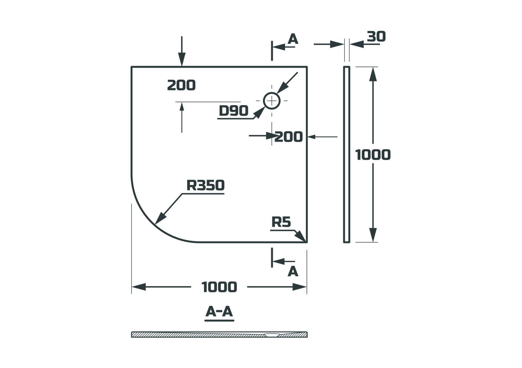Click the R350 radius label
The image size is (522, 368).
(206, 185)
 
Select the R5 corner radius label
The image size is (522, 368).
(281, 222)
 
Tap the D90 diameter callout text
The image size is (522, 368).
(234, 111)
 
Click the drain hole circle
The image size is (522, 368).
(272, 101)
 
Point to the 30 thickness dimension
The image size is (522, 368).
(376, 36)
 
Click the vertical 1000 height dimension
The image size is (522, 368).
(373, 155)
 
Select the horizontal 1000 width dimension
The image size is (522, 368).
(219, 287)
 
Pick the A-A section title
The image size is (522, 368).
(219, 311)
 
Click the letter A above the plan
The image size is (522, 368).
(293, 39)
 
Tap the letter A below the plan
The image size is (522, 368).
(293, 271)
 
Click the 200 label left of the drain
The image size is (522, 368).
(181, 85)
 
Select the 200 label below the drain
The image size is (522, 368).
(288, 137)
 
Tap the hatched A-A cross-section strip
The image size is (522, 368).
(219, 335)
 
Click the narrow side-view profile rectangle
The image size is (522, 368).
(346, 154)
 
